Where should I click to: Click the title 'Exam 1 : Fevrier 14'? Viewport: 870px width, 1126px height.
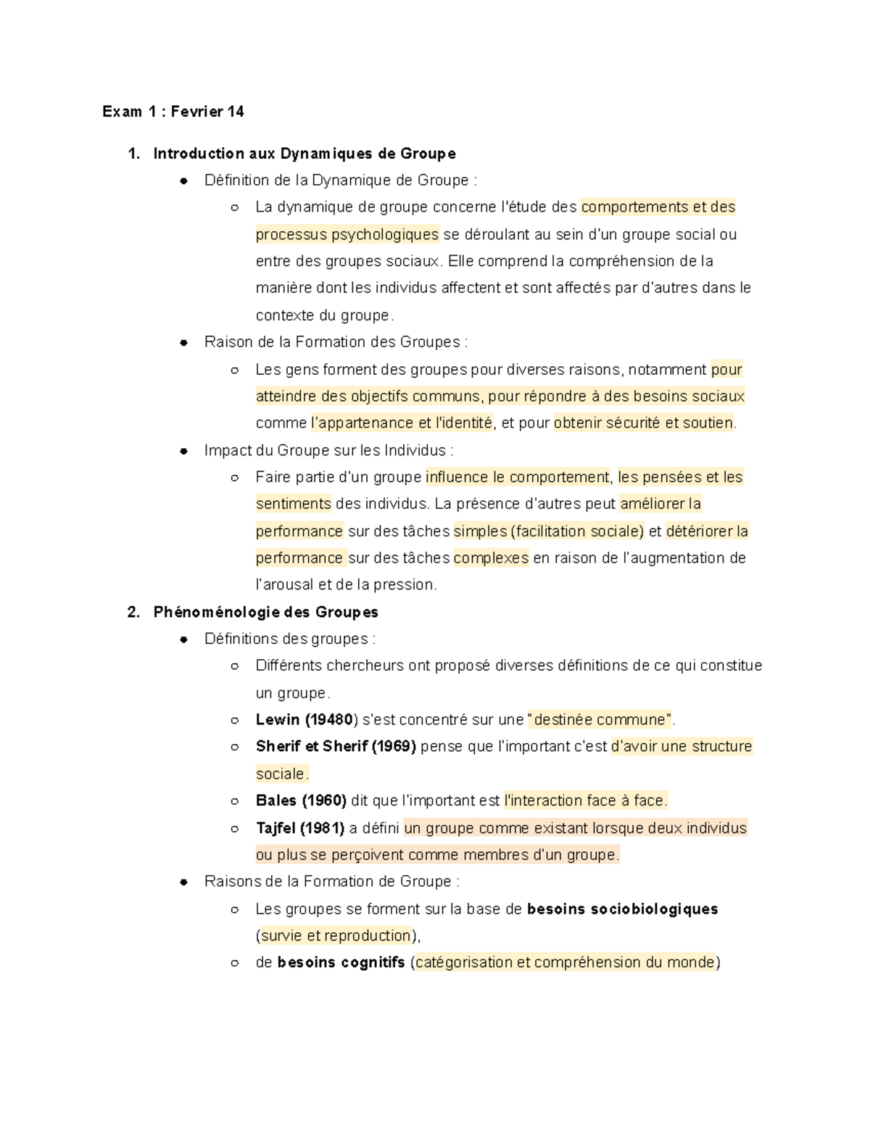[x=173, y=112]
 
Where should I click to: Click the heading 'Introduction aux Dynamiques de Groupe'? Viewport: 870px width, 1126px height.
[x=304, y=154]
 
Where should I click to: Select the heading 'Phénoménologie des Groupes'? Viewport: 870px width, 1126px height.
[x=265, y=613]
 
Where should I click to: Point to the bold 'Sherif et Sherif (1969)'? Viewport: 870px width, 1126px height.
[x=336, y=747]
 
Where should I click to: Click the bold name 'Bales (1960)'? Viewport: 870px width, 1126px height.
[x=301, y=801]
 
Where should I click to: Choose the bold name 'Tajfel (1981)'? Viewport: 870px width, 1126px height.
[x=299, y=828]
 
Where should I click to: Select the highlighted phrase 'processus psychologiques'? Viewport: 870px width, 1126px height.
[x=347, y=235]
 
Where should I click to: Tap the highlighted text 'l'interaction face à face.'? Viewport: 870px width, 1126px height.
[x=585, y=801]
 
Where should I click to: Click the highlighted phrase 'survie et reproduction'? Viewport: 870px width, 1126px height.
[x=336, y=936]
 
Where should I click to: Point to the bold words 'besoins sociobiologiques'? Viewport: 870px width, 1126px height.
[x=622, y=909]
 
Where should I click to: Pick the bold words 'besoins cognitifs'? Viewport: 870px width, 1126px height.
[x=341, y=963]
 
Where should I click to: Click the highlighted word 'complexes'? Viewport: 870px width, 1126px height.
[x=491, y=558]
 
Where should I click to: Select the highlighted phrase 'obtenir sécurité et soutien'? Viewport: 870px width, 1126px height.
[x=644, y=423]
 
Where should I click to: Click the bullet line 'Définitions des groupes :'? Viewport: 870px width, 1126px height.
[x=289, y=639]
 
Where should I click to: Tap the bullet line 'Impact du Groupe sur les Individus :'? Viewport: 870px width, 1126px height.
[x=328, y=451]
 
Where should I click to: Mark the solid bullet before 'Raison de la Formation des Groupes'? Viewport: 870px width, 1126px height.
[x=184, y=343]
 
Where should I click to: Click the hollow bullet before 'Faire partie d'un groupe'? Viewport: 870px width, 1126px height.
[x=234, y=478]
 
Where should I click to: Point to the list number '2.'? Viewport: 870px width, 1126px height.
[x=133, y=613]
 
